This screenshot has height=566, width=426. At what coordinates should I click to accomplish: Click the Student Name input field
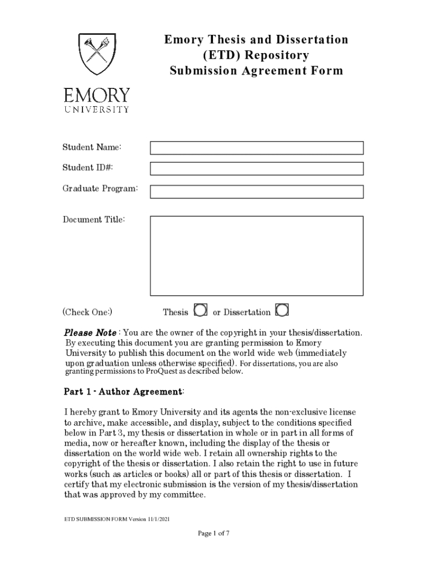pos(257,148)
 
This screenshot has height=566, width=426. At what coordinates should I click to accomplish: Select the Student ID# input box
pos(257,169)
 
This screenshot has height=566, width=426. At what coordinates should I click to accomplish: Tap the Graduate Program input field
pos(257,191)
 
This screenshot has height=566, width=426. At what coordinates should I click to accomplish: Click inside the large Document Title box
pos(257,255)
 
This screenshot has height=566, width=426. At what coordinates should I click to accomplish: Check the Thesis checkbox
pos(201,311)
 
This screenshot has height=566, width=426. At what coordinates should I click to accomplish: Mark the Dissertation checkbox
pos(282,311)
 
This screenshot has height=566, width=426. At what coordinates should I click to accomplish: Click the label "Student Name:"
pos(92,147)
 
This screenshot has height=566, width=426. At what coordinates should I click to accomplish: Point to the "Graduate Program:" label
pos(100,189)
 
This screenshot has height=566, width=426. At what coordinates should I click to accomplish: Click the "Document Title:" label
pos(93,220)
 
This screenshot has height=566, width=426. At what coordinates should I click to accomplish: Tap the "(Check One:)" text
pos(87,312)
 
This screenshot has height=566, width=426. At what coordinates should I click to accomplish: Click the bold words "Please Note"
pos(90,333)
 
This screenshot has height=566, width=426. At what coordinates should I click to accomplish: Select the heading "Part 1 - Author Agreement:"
pos(124,392)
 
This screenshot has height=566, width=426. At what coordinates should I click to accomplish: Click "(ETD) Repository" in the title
pos(256,55)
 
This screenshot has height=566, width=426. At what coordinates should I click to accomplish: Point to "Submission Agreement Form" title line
pos(256,71)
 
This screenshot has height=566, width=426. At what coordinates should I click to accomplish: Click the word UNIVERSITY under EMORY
pos(97,109)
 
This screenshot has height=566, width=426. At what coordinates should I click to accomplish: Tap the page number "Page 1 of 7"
pos(214,533)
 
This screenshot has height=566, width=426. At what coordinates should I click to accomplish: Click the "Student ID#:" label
pos(87,167)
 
